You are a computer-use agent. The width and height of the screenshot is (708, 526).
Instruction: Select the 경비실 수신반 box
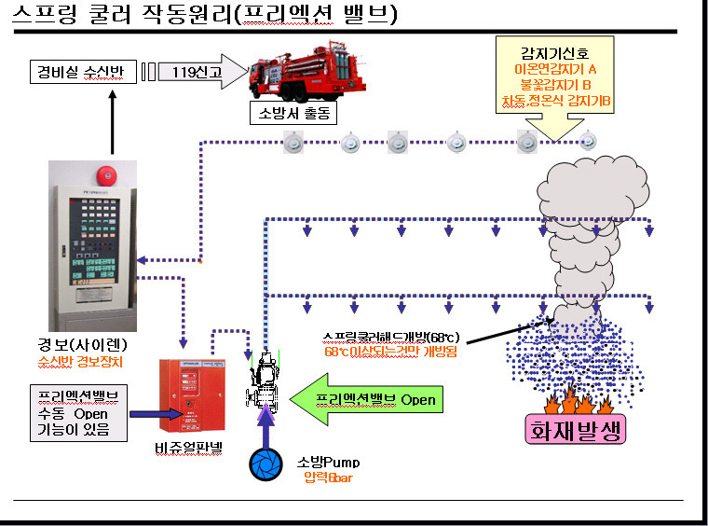coord(81,70)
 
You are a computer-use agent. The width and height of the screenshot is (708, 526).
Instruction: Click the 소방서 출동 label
coord(292,114)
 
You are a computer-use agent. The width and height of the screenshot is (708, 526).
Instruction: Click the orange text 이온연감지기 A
coord(555,69)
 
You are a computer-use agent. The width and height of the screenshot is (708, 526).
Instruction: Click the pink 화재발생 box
coord(569,430)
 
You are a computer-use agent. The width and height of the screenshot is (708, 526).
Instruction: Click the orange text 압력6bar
coord(327,478)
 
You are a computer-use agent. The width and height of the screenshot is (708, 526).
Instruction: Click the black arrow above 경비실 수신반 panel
coord(113,120)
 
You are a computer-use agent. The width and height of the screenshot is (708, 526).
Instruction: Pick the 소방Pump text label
coord(328,463)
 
